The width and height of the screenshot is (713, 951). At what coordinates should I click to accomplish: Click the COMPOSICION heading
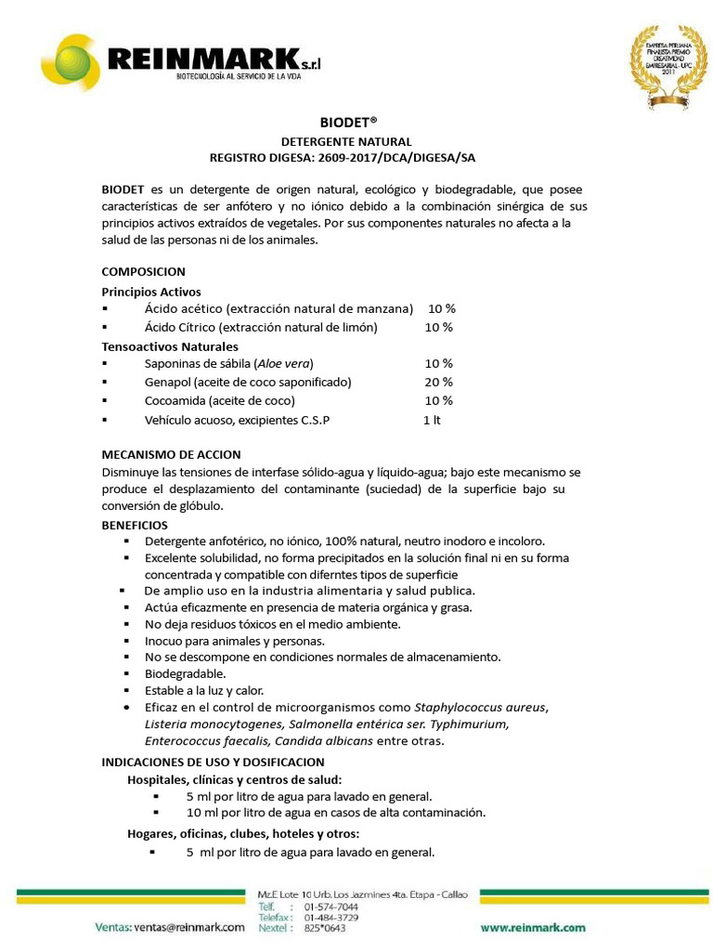pos(143,271)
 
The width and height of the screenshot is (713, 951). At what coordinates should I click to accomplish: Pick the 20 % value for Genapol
pos(438,382)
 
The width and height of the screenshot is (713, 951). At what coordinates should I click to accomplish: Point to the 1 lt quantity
pos(432,420)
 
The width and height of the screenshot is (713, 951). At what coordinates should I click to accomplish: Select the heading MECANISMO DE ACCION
pos(171,454)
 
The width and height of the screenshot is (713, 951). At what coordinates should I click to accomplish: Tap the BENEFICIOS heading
pos(135,525)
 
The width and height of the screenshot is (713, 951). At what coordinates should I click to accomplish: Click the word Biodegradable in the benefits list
pos(186,673)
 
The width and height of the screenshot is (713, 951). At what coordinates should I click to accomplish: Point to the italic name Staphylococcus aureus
pos(481,707)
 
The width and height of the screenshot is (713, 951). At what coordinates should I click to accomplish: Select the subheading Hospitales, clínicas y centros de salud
pos(234,779)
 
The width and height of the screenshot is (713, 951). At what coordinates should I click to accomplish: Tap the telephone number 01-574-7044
pos(331,906)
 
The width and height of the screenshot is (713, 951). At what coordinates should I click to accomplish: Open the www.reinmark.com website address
pos(533,927)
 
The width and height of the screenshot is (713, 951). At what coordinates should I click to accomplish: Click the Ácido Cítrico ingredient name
pos(179,327)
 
